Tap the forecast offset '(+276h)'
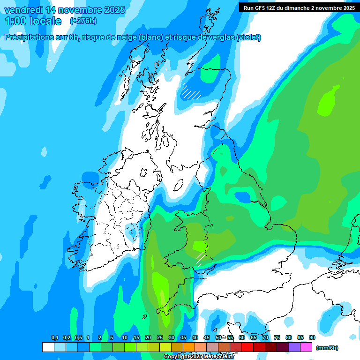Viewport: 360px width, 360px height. [83, 21]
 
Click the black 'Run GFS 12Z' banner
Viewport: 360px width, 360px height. [299, 8]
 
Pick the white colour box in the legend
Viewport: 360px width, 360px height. [48, 347]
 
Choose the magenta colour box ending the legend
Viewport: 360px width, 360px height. [306, 347]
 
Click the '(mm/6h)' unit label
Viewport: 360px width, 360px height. [327, 348]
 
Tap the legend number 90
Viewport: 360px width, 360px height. [312, 337]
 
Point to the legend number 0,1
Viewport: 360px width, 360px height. [54, 337]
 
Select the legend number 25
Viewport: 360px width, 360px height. [159, 337]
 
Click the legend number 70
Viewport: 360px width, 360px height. [265, 337]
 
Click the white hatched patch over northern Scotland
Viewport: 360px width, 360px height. [191, 91]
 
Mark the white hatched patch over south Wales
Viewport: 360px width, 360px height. [201, 258]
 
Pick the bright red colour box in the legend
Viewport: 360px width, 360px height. [247, 347]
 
